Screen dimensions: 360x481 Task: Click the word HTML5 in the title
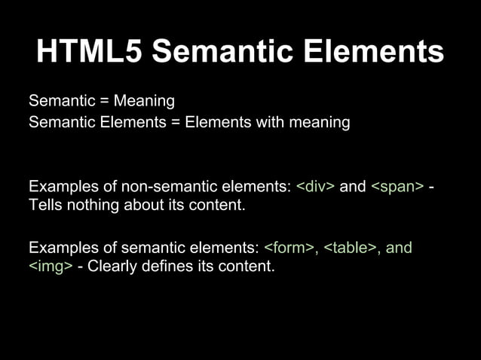[x=88, y=52]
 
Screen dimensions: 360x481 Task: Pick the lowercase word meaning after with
[x=324, y=121]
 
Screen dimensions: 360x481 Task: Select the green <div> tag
[x=316, y=186]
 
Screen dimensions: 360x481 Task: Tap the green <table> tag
[x=351, y=247]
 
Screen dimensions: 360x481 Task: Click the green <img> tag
[x=51, y=266]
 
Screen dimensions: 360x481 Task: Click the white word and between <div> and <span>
[x=353, y=186]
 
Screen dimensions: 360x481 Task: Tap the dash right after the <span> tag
[x=430, y=186]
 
